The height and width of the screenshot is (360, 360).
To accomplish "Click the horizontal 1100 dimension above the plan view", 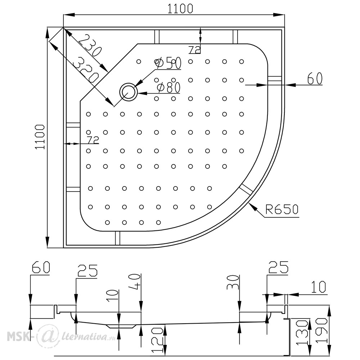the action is (x=180, y=9).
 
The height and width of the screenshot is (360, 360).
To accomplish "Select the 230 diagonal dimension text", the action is (x=90, y=46).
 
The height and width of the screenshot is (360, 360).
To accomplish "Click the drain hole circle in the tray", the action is (x=129, y=92).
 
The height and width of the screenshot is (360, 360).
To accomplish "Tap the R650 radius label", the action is (x=282, y=209).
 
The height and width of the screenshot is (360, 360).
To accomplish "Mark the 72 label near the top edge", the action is (x=194, y=50).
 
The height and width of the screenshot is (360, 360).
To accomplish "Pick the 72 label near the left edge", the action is (x=93, y=140).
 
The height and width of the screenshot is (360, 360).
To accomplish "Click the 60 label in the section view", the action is (x=41, y=267).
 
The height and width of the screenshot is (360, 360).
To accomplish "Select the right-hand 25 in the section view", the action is (x=278, y=267).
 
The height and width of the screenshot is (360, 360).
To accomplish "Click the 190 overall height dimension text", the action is (x=321, y=330).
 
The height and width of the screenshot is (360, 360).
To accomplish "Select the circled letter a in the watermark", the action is (x=45, y=336).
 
